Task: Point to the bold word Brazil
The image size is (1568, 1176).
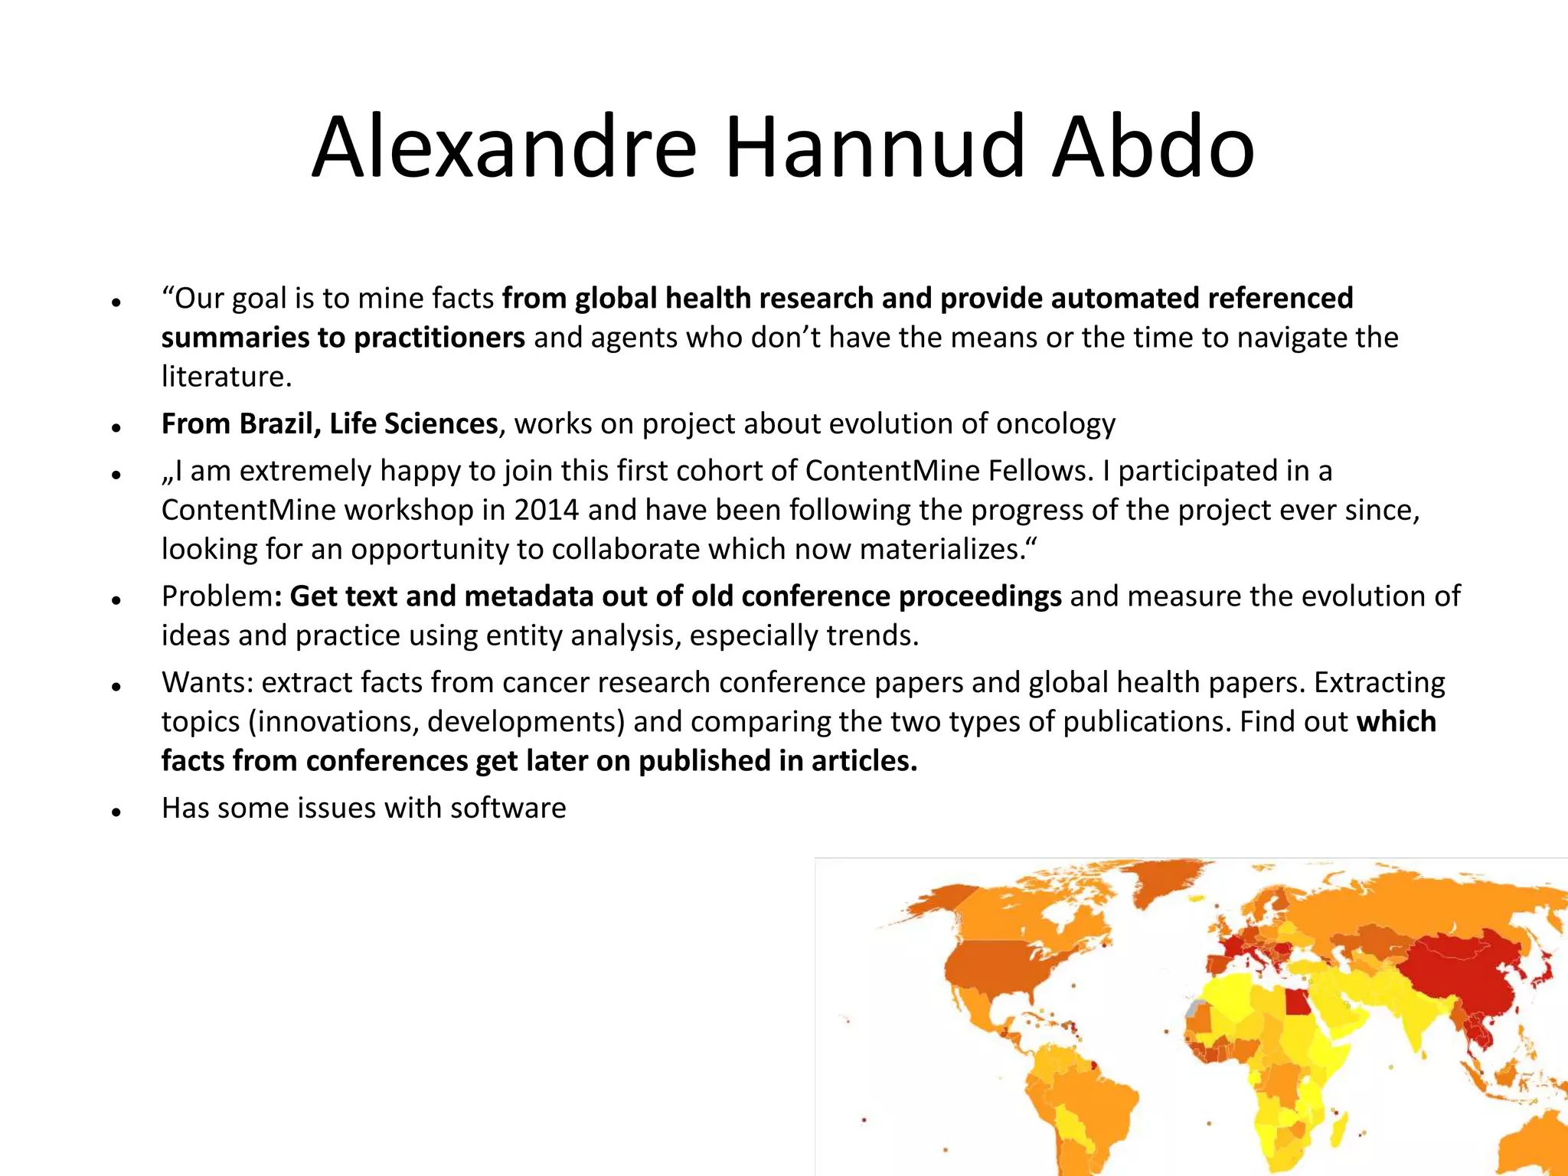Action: point(280,424)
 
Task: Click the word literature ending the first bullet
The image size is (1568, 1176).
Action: point(226,377)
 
